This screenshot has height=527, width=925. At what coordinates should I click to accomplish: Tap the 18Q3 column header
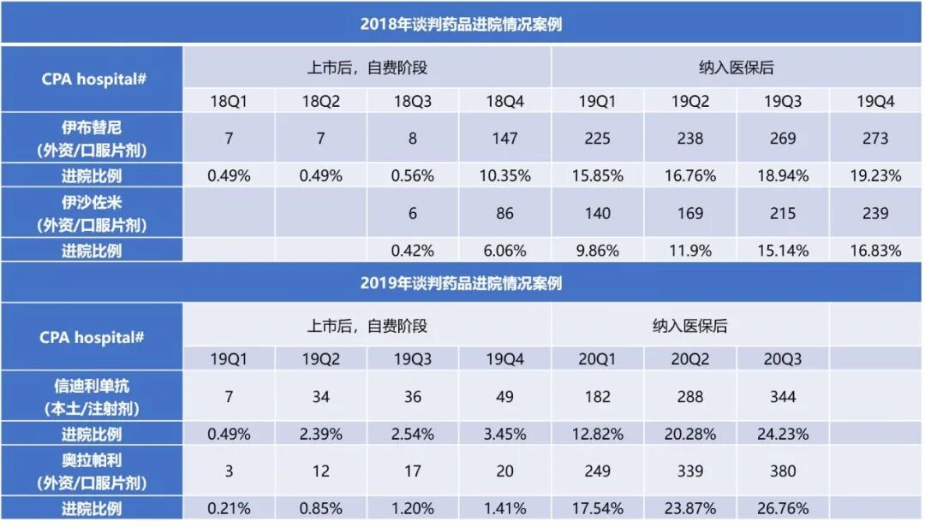point(413,101)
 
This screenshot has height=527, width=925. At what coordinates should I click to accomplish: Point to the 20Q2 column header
point(690,359)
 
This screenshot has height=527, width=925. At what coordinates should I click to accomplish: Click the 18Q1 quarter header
point(229,101)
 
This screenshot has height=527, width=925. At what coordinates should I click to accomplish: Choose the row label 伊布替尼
point(92,127)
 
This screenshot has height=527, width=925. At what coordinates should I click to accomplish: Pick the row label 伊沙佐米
point(92,203)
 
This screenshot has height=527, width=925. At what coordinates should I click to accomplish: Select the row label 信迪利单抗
point(92,386)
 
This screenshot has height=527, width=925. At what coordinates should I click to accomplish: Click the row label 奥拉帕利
point(92,460)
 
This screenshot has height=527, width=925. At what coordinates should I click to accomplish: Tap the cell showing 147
point(505,139)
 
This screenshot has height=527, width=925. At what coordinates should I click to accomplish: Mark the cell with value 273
point(875,139)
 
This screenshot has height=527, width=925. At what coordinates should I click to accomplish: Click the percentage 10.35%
point(505,176)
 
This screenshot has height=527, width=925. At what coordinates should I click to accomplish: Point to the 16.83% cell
point(875,251)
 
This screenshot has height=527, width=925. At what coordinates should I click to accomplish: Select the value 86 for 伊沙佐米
point(505,213)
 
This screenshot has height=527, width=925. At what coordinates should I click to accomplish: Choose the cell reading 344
point(783,397)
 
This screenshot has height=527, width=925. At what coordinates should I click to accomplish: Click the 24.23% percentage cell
point(783,434)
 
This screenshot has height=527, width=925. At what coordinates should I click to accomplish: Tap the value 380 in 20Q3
point(783,471)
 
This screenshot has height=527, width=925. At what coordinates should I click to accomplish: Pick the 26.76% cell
point(783,508)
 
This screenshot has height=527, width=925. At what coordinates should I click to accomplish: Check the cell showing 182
point(598,397)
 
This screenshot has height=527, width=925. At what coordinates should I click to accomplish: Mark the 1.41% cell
point(505,508)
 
